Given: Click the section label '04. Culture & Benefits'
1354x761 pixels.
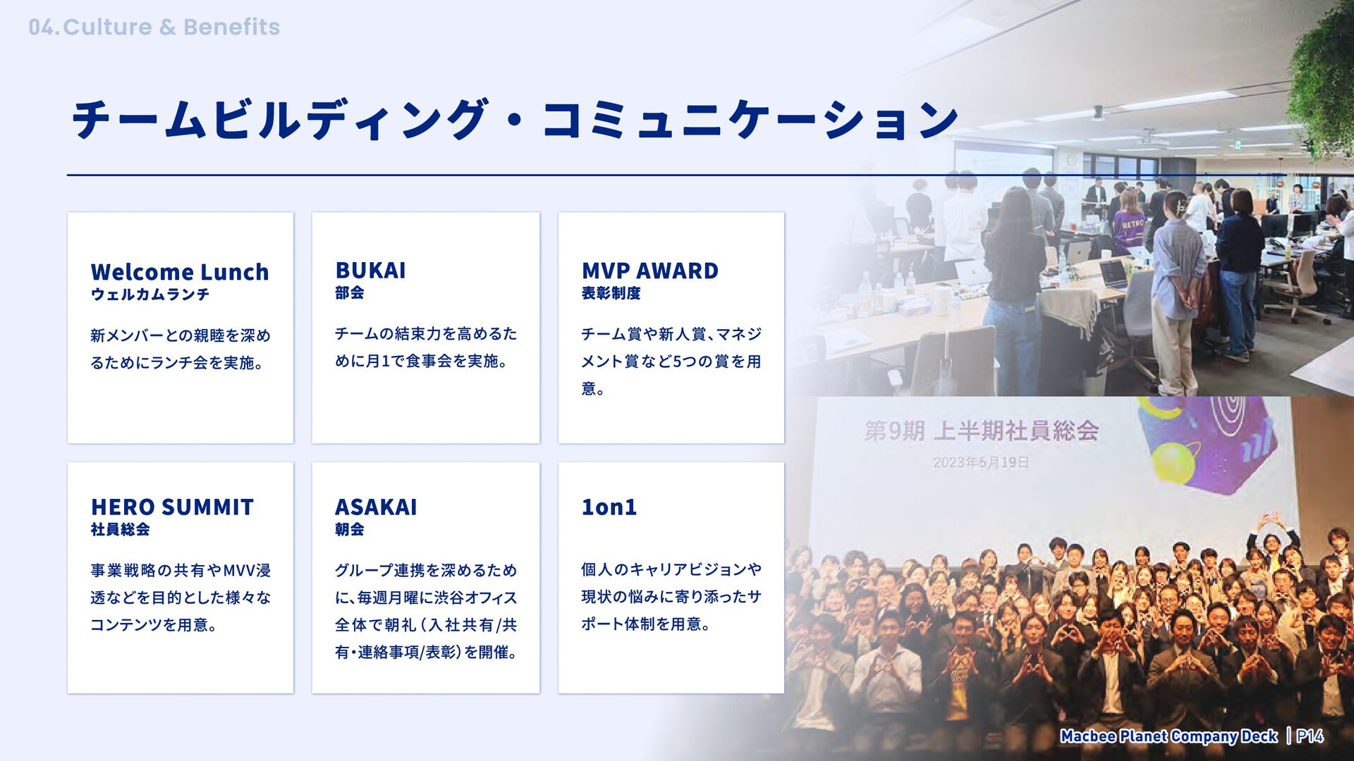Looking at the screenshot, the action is coord(154,27).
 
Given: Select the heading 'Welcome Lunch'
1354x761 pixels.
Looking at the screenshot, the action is coord(180,271).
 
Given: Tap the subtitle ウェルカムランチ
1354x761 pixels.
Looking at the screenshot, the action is coord(150,295).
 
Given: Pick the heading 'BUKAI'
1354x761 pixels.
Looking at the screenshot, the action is coord(370,271).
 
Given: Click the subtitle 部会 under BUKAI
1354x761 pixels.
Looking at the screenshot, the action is coord(349,292).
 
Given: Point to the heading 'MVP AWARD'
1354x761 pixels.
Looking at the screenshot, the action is coord(649,271).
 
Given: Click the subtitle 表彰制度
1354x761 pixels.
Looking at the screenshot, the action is coord(611,293).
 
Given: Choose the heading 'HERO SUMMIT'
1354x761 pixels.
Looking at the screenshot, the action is coord(172,507).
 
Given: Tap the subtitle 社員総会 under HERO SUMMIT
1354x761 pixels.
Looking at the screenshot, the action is coord(120,529).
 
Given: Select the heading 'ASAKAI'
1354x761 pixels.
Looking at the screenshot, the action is coord(376,507).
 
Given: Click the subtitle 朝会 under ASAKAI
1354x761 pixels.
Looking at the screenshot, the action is coord(349,529).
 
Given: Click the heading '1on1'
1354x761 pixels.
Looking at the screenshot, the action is coord(609,507).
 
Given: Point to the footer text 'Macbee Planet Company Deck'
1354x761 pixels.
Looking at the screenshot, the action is coord(1169,736).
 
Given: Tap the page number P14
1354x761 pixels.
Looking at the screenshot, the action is coord(1310,736).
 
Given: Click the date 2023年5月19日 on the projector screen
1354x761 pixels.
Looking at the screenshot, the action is coord(981,462).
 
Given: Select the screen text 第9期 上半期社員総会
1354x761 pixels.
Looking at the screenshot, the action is coord(982,431).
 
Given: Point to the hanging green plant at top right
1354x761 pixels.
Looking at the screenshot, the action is coord(1322,78).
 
